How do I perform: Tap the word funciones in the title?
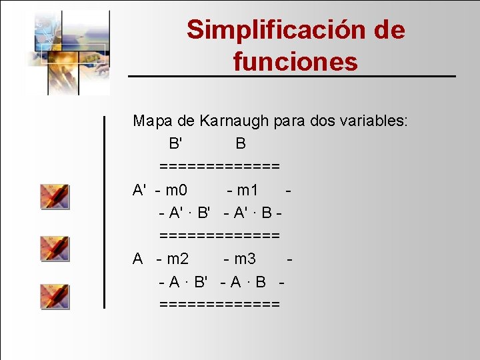click(295, 62)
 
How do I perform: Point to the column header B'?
click(176, 143)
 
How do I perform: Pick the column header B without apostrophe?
click(241, 143)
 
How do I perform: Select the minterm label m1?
click(247, 190)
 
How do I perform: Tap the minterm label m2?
click(177, 258)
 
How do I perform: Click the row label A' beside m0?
click(139, 190)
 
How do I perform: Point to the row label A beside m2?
click(138, 258)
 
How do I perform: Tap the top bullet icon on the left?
click(55, 196)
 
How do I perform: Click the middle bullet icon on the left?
click(55, 247)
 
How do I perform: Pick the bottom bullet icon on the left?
click(55, 295)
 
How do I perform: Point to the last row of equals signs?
click(219, 304)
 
